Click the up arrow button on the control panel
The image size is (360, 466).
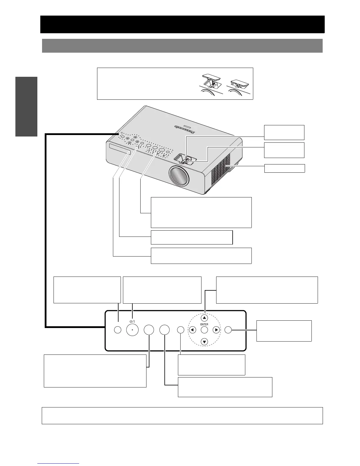click(204, 318)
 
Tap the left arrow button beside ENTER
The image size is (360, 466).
click(192, 330)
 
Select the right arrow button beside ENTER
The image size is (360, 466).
click(216, 330)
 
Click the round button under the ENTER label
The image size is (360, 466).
click(204, 330)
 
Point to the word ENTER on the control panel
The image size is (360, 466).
click(204, 324)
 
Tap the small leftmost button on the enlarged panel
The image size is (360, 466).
click(117, 330)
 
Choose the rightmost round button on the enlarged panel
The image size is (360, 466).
click(228, 330)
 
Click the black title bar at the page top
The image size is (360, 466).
click(182, 24)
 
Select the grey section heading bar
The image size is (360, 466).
click(182, 46)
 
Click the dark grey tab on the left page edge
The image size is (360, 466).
click(26, 106)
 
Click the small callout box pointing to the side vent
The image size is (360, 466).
click(284, 168)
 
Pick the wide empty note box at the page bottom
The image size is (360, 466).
click(182, 415)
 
